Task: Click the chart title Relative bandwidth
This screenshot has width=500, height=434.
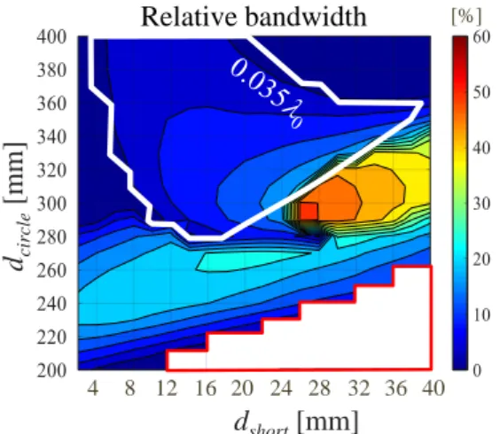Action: [x=254, y=17]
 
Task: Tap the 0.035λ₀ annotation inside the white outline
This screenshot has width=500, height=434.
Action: [x=267, y=94]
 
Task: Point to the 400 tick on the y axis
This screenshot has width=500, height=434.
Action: [x=51, y=37]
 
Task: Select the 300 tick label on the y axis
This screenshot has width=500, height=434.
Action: [x=51, y=204]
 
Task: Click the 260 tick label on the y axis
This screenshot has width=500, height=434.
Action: [x=51, y=271]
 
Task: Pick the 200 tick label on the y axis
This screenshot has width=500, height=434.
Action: [x=51, y=370]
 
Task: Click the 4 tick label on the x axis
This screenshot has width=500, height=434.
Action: [x=93, y=389]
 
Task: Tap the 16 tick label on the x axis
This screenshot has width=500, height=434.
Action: [x=206, y=389]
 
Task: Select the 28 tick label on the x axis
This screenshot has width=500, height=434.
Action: [x=319, y=389]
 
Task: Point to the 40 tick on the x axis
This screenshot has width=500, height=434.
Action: [x=433, y=389]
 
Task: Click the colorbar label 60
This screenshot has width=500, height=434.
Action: [x=481, y=37]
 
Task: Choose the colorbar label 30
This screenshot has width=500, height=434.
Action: [x=481, y=204]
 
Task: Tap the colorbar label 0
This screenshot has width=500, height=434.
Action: [x=477, y=370]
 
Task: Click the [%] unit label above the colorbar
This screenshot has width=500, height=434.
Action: [x=466, y=16]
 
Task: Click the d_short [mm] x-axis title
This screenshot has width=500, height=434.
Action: [x=297, y=422]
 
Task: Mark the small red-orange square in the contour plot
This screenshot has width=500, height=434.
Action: [x=309, y=212]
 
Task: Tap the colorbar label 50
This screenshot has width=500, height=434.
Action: [x=481, y=93]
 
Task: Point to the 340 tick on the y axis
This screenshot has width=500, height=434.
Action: [x=51, y=137]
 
